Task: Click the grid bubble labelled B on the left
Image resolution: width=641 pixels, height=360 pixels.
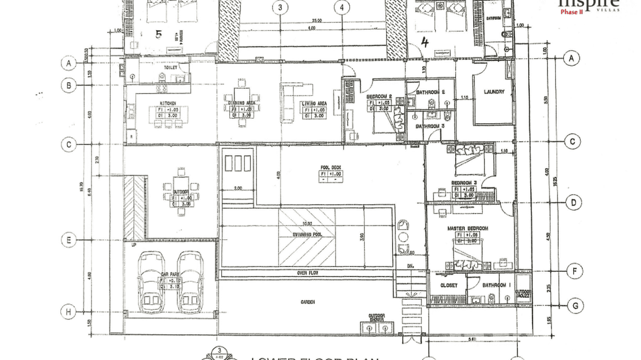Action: pos(69,85)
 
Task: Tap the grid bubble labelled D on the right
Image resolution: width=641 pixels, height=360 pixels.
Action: pos(573,202)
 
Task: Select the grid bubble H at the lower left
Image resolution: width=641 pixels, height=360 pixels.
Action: pos(69,312)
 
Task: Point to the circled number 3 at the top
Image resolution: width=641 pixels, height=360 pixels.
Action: pos(280,7)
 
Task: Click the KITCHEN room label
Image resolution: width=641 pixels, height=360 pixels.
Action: pos(168,103)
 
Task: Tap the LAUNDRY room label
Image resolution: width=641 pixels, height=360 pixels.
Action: pos(493,92)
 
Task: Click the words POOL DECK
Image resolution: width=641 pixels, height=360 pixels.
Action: pos(331,168)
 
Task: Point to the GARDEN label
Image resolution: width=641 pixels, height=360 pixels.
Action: pos(308,302)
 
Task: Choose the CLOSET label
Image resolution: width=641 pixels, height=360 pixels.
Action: pos(448,285)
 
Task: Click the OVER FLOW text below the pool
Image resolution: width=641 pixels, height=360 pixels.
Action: pos(308,273)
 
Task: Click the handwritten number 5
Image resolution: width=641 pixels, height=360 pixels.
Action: pos(159,34)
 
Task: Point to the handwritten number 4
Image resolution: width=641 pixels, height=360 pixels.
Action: pos(425,42)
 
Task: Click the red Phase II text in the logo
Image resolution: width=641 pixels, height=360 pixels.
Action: pos(571,12)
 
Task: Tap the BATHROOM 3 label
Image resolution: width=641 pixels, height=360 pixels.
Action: pos(430,127)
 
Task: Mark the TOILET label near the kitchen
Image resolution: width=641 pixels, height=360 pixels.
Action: pos(170,68)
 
